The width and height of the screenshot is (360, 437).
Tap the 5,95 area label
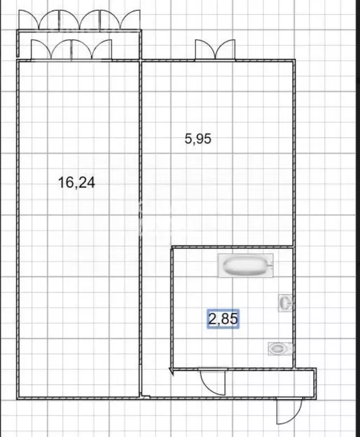[198, 138]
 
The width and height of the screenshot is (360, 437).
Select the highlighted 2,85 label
[222, 320]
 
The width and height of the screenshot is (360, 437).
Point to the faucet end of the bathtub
[269, 266]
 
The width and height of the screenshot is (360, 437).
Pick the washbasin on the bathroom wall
[285, 302]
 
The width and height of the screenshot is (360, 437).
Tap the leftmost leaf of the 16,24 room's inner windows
[42, 50]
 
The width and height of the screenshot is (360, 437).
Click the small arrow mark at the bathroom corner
[171, 372]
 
